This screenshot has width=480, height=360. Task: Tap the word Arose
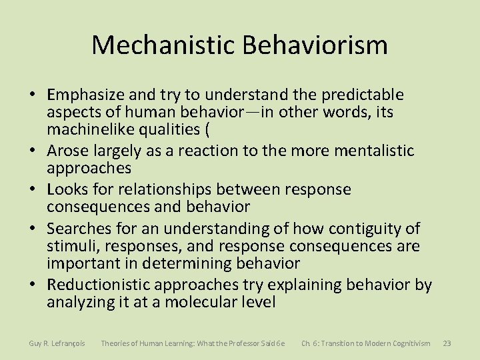click(x=68, y=151)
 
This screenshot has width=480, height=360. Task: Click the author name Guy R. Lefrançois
click(x=57, y=343)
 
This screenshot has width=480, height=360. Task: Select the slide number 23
click(x=447, y=343)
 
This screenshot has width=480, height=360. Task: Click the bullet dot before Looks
click(x=34, y=190)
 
